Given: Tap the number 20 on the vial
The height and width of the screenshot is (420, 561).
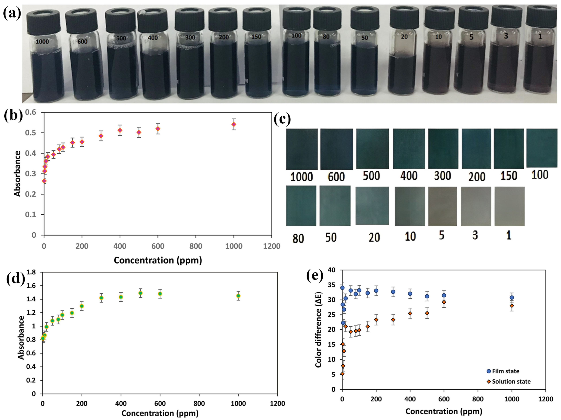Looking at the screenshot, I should pyautogui.click(x=404, y=37).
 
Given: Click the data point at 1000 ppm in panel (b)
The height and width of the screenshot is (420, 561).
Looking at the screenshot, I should pyautogui.click(x=234, y=124).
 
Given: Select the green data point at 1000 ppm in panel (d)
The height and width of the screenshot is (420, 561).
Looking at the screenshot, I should pyautogui.click(x=238, y=296).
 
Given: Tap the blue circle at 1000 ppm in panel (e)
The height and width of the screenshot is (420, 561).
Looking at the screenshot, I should pyautogui.click(x=512, y=297).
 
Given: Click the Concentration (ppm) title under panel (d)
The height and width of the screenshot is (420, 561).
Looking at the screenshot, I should pyautogui.click(x=160, y=413).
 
